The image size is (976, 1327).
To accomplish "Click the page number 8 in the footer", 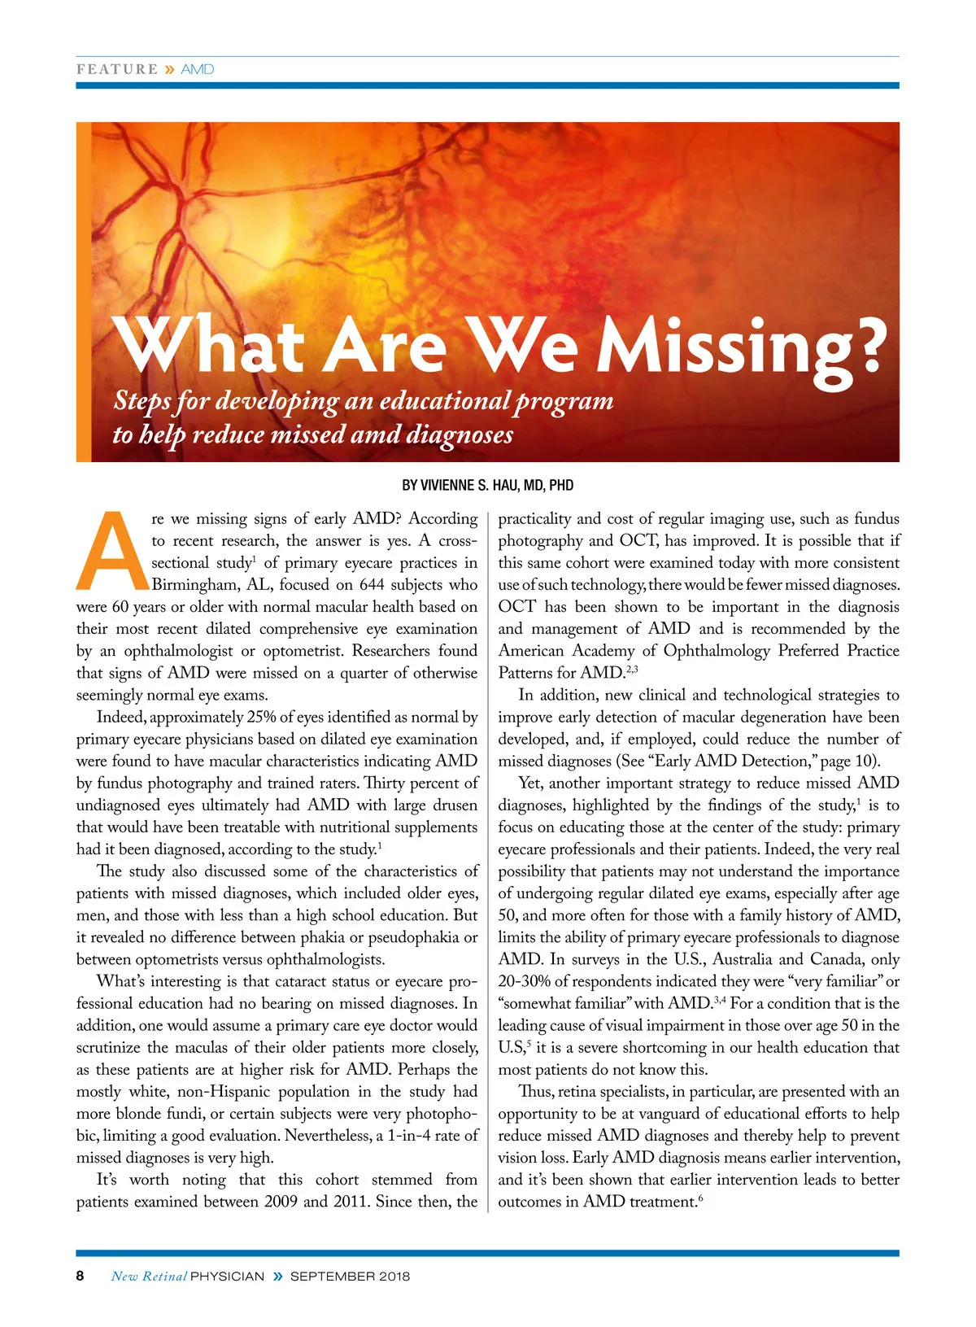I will tap(80, 1276).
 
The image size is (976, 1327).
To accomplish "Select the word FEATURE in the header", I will tap(117, 69).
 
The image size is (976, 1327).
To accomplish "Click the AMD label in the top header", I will tap(198, 69).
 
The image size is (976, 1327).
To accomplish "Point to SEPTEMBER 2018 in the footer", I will tap(350, 1276).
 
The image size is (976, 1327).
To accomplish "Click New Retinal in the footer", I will tap(149, 1276).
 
